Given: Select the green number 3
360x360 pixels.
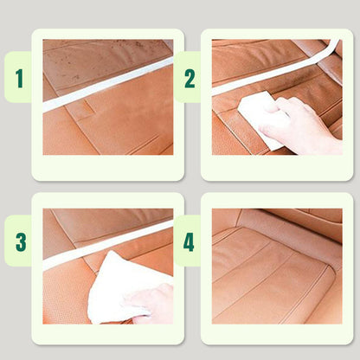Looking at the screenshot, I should tap(19, 241).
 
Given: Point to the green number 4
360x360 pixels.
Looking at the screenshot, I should tap(189, 241).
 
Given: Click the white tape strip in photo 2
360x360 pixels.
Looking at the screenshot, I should tap(268, 74).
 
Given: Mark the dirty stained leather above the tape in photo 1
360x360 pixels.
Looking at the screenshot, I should tap(95, 61).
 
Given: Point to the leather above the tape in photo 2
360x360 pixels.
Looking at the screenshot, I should tap(251, 56).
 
